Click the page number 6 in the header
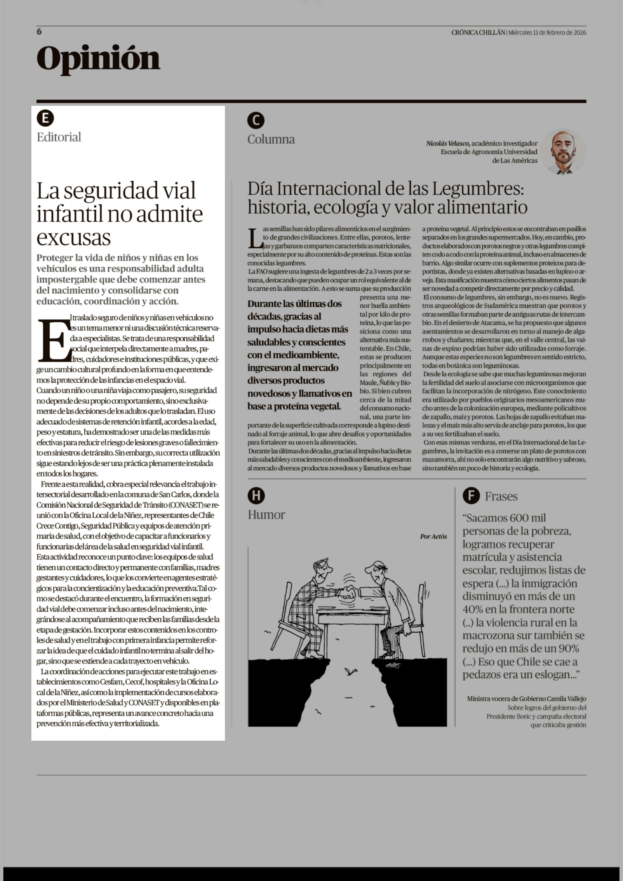(x=39, y=31)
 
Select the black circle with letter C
(x=256, y=120)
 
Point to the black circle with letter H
(x=256, y=496)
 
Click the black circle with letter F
(x=471, y=496)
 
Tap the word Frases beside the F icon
(x=501, y=497)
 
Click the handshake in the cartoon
(x=348, y=592)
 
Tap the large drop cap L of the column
(x=255, y=238)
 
